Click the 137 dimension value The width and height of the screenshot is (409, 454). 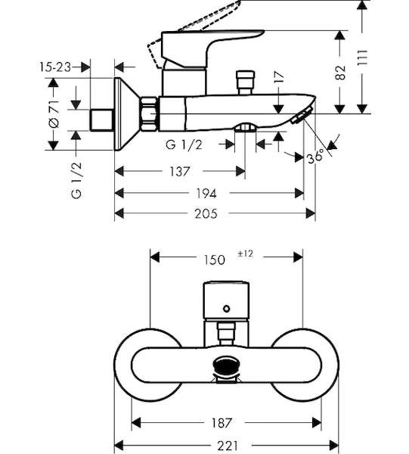180,172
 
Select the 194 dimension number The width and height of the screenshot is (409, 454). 206,194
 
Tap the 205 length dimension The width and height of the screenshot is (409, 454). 206,214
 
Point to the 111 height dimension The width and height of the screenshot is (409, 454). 362,58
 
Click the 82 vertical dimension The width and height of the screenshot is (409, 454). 340,73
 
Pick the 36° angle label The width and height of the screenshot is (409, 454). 315,157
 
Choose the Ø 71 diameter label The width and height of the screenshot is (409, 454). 54,114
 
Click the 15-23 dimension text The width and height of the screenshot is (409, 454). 55,67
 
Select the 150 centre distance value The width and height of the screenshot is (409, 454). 215,260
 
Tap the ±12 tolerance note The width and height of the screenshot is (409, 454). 245,253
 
